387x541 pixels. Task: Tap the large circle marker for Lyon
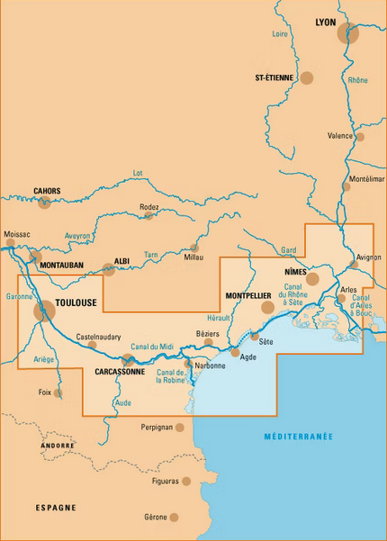pos(348,34)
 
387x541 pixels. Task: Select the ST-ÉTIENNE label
pos(274,78)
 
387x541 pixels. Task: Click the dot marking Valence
pos(360,137)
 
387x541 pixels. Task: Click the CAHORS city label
pos(47,191)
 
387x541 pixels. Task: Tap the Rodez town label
pos(149,206)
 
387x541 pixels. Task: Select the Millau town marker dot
pos(193,248)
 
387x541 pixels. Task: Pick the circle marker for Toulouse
pos(43,311)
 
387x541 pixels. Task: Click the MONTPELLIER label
pos(248,295)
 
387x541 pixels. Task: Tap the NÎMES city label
pos(294,271)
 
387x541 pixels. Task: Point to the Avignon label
pos(369,257)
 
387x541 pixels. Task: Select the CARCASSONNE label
pos(120,371)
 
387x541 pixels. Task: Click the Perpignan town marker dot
pos(180,428)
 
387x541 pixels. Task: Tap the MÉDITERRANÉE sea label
pos(298,437)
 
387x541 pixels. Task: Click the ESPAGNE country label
pos(56,508)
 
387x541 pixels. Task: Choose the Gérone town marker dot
pos(175,517)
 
